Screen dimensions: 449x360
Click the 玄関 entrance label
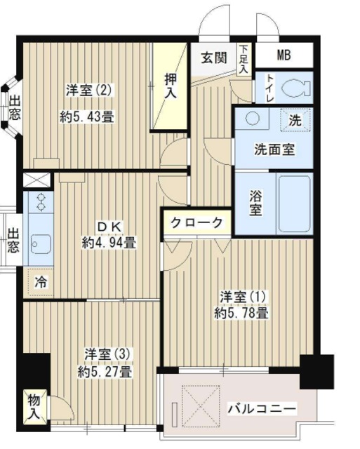214,58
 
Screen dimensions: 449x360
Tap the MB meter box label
284,55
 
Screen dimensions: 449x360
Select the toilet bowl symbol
295,88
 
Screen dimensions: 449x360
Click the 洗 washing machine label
295,120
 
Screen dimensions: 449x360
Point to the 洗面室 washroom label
274,149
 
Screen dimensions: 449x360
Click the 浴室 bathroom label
255,203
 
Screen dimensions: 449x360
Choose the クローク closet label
197,222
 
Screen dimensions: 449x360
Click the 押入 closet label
171,86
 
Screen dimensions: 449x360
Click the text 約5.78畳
241,314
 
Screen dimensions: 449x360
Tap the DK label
109,227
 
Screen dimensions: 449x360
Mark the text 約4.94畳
109,243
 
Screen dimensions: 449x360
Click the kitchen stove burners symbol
40,203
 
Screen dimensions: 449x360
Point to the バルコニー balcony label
262,408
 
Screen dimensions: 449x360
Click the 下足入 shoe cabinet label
243,60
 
